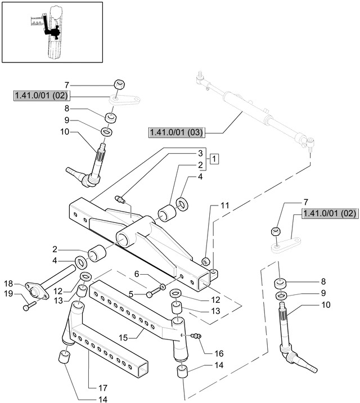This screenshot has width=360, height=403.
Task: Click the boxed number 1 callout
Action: coord(215,159)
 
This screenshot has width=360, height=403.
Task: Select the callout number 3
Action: coord(200,153)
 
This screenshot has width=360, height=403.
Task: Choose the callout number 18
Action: coord(8,283)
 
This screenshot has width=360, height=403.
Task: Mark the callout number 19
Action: coord(8,293)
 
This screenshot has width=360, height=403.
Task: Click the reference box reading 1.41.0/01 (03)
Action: coord(176,133)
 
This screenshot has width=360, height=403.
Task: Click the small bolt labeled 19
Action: coord(29,306)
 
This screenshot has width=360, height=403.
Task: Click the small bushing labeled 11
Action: coord(206,261)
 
